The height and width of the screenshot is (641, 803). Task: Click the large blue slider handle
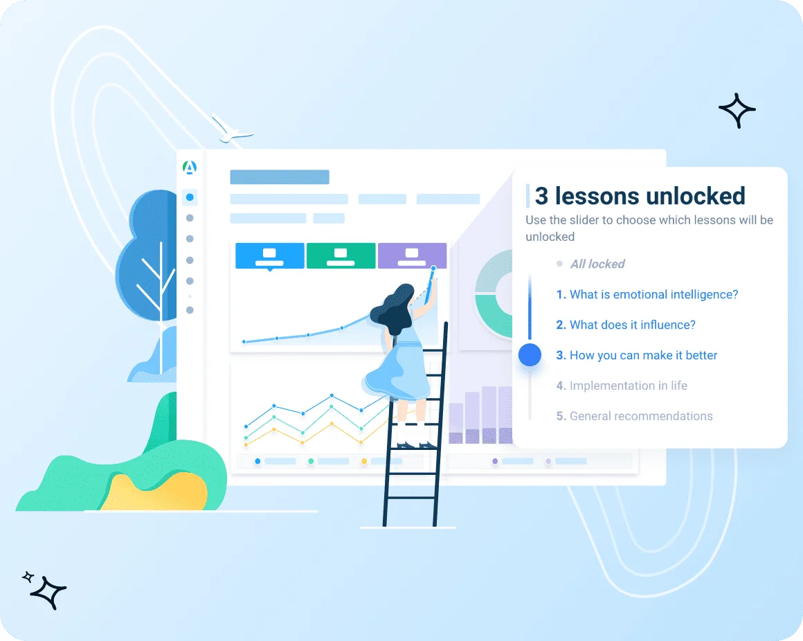(x=530, y=355)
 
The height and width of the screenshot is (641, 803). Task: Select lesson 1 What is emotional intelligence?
(x=647, y=294)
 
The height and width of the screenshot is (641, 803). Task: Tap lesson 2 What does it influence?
(x=626, y=325)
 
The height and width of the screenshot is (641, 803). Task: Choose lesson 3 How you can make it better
(x=637, y=355)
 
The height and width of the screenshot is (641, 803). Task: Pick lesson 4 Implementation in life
(x=622, y=386)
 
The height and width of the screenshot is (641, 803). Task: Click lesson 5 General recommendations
(x=635, y=416)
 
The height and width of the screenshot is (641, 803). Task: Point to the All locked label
(x=597, y=264)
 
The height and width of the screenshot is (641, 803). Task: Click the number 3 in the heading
(x=541, y=196)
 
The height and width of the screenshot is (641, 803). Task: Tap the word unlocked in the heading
(x=696, y=196)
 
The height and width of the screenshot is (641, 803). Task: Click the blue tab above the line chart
(x=270, y=255)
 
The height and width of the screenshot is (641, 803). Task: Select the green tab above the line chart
(x=341, y=255)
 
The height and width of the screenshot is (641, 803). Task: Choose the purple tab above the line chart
(x=413, y=255)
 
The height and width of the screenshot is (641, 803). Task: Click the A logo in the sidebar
(x=190, y=168)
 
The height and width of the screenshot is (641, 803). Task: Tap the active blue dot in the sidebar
(x=190, y=197)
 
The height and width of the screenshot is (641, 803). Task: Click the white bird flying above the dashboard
(x=231, y=132)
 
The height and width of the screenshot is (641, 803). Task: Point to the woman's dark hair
(x=393, y=309)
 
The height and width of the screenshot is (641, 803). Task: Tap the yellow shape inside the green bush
(x=154, y=492)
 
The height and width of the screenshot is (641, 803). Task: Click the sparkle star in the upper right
(x=737, y=110)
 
